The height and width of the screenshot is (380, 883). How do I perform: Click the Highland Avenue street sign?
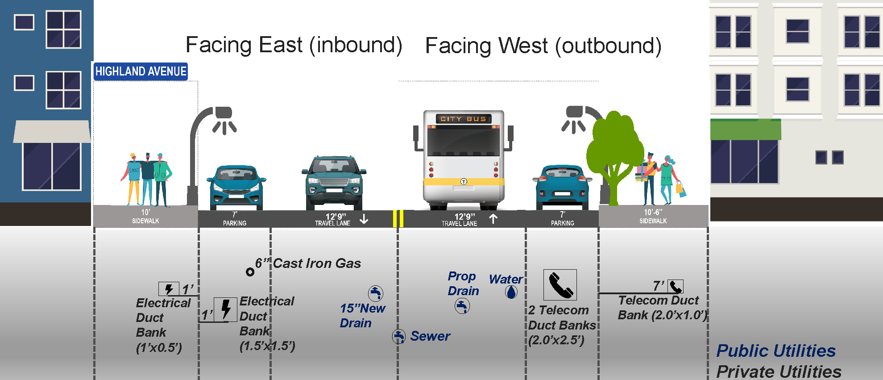(141, 71)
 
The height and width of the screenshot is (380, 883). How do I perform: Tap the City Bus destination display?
(463, 119)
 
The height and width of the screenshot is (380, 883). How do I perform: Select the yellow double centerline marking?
(398, 219)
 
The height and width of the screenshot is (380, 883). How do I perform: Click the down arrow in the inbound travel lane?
(364, 219)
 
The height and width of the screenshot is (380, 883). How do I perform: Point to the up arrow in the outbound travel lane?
(493, 219)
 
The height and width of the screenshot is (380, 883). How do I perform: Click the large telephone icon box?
(560, 285)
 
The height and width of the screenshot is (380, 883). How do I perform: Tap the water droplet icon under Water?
(511, 292)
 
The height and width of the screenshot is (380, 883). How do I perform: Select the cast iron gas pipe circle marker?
(250, 271)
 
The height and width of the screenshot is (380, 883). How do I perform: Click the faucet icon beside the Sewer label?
(398, 336)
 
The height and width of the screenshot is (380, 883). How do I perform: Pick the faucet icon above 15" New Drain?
(376, 293)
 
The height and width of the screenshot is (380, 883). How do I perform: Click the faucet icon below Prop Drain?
(462, 306)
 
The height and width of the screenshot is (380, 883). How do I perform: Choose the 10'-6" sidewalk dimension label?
(653, 213)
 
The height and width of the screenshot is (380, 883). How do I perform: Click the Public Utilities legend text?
(776, 351)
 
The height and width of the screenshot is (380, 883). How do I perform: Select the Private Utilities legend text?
(779, 372)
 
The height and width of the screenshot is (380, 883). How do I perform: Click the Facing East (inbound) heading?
(294, 45)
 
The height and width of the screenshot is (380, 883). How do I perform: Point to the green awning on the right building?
(746, 129)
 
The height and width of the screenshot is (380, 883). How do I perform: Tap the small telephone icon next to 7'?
(676, 286)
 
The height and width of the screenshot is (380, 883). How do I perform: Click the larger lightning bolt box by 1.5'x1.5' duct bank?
(225, 309)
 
